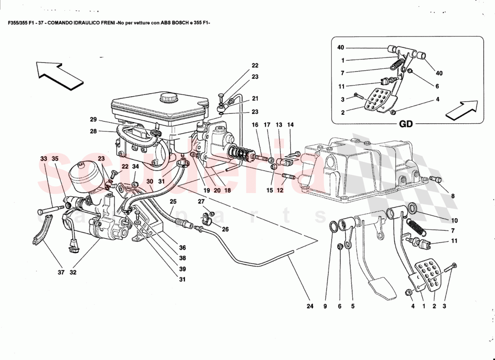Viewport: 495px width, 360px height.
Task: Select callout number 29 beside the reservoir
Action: click(93, 120)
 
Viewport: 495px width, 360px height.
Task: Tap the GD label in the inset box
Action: click(406, 124)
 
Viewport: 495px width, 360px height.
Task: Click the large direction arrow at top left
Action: click(60, 74)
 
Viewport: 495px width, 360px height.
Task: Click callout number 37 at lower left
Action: click(62, 272)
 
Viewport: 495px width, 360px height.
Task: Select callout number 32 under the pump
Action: click(72, 272)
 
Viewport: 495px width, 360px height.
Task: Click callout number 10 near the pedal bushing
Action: click(454, 220)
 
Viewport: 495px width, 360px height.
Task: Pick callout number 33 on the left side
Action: click(43, 159)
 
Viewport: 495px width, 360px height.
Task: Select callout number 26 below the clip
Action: click(225, 229)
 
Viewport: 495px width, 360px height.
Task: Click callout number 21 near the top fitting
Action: click(255, 99)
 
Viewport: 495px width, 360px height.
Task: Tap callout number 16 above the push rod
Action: click(255, 124)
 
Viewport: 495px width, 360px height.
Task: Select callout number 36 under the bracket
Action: click(182, 247)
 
